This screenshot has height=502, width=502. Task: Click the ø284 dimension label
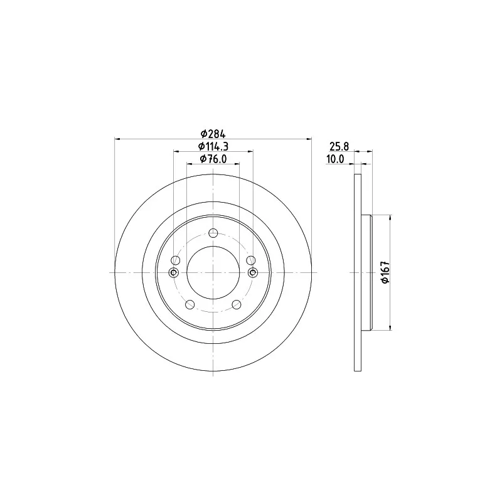coord(213,134)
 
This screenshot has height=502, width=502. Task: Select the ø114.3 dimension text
coord(213,146)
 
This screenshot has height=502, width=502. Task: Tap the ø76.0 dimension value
coord(213,159)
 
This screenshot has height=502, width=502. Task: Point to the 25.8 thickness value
coord(339,147)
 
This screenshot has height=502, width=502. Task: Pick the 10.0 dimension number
coord(335,159)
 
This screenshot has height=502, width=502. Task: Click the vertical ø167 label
coord(385,272)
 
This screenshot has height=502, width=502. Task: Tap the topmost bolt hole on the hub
coord(213,233)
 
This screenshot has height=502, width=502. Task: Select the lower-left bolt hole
coord(190,304)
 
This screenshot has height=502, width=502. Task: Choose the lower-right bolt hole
coord(237,304)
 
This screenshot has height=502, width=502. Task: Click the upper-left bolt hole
coord(176,260)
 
